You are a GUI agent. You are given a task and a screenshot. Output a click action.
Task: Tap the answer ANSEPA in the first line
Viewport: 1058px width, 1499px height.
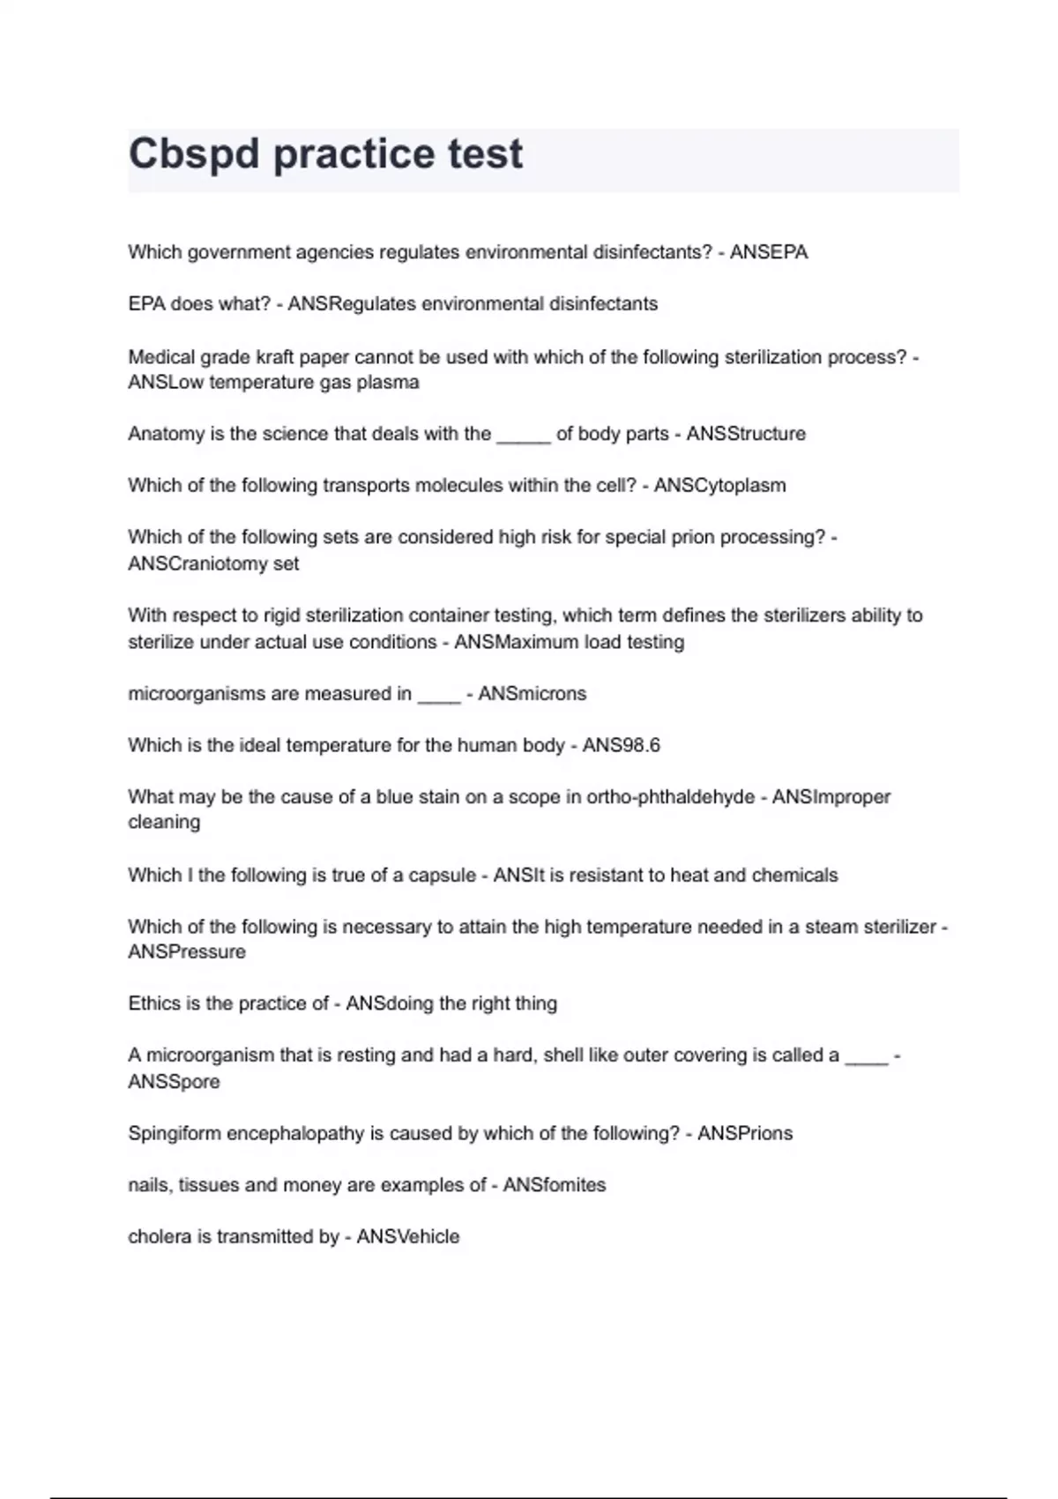point(768,252)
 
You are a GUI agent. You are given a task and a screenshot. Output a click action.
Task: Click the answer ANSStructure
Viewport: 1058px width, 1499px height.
point(746,434)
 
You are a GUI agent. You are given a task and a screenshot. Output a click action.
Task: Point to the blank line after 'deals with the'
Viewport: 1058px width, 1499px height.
point(524,436)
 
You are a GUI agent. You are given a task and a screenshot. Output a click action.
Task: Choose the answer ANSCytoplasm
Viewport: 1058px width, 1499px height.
point(719,485)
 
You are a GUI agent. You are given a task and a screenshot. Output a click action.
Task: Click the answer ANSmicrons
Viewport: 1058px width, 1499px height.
point(532,694)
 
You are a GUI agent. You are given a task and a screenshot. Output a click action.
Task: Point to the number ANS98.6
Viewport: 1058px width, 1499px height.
point(621,745)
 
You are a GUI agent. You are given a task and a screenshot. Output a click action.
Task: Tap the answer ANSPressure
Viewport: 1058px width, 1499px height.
point(187,952)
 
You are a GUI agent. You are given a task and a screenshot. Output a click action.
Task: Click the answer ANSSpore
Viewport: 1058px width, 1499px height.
point(174,1082)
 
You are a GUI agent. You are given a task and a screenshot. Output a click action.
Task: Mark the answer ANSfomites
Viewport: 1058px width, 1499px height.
point(555,1185)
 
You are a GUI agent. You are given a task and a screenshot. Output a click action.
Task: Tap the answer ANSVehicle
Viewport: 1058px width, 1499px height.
point(408,1237)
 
